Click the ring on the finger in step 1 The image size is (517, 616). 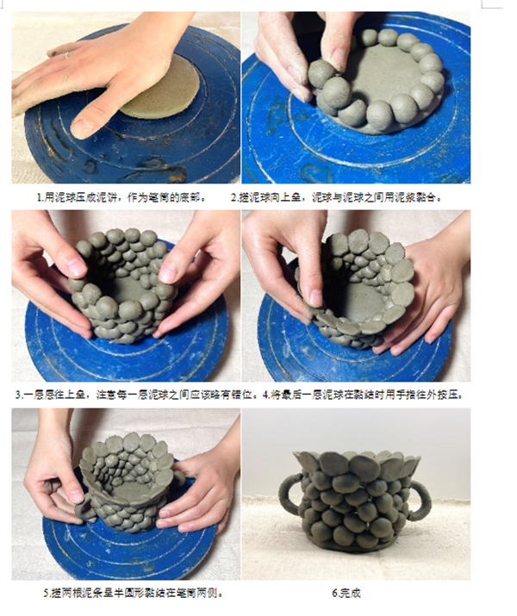pyautogui.click(x=67, y=55)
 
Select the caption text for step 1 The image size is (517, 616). pyautogui.click(x=122, y=197)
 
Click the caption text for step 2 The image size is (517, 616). pyautogui.click(x=337, y=197)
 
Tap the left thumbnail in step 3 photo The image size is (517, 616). pyautogui.click(x=77, y=267)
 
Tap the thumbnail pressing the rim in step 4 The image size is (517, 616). pyautogui.click(x=316, y=297)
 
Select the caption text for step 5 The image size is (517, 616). pyautogui.click(x=134, y=593)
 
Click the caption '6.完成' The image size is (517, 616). pyautogui.click(x=346, y=593)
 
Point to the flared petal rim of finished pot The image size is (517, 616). pyautogui.click(x=357, y=463)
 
